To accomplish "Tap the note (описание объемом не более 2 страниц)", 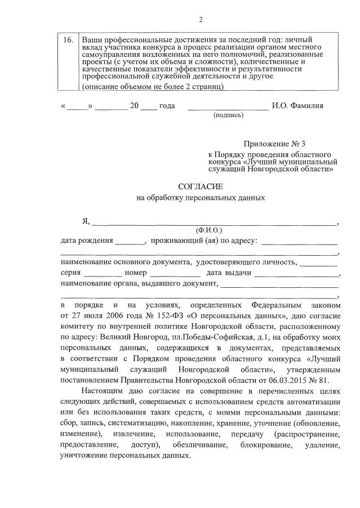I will click(153, 87).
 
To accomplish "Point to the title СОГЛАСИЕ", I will click(201, 185).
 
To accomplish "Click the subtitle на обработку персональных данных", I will click(201, 198).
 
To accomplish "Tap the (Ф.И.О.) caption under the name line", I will click(209, 230).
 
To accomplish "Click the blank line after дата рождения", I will click(130, 242).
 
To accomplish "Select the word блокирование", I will click(264, 445).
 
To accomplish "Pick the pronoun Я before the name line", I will click(86, 220).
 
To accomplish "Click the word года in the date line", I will click(167, 105).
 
